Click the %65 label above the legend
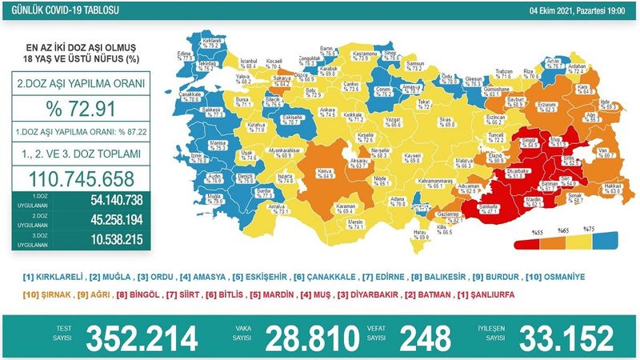coord(560,230)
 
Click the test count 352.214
coord(139,337)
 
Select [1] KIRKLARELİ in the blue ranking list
coord(52,277)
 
